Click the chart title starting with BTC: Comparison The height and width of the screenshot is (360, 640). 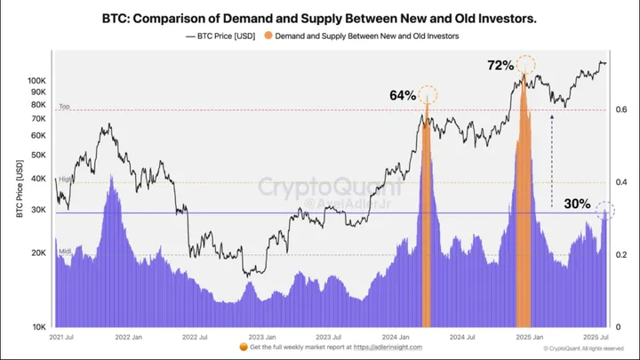pos(319,17)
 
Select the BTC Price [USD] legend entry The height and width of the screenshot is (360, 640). pos(224,37)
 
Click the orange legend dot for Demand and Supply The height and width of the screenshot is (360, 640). pos(268,37)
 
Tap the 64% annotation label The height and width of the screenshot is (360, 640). pos(402,95)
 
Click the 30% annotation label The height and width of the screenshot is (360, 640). pos(577,204)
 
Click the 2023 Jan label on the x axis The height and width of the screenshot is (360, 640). pos(261,338)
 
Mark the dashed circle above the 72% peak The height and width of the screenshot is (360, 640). pos(525,64)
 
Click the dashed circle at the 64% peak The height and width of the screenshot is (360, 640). pos(428,94)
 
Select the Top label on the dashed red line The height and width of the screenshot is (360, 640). pos(64,107)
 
